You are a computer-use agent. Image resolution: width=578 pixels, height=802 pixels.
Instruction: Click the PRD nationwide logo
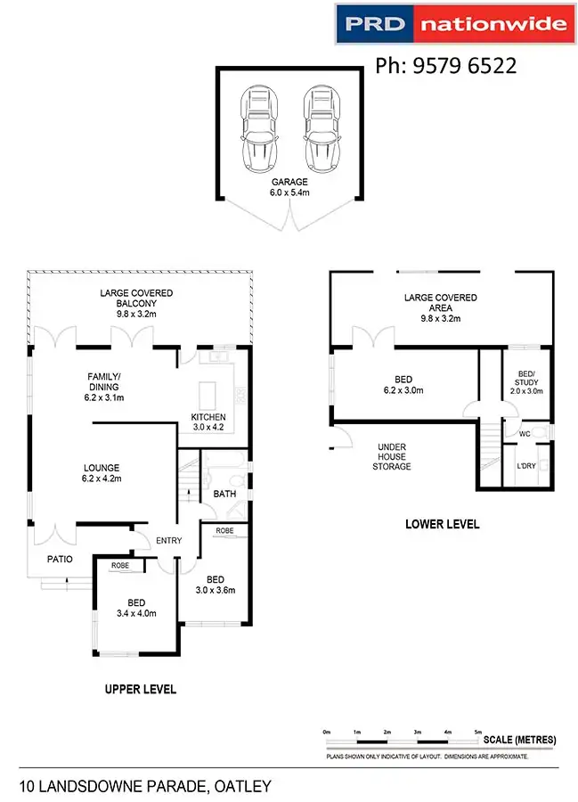tap(452, 25)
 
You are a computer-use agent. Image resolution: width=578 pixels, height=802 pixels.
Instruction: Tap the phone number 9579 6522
tap(446, 66)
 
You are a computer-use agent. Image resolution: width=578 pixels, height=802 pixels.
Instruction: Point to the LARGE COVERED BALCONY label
tap(136, 303)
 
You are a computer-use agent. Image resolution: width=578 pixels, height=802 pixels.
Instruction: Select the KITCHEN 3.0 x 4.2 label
tap(208, 421)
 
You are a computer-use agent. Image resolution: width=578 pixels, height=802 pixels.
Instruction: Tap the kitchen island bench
tap(209, 393)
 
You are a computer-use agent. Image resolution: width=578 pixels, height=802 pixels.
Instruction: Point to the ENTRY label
tap(168, 541)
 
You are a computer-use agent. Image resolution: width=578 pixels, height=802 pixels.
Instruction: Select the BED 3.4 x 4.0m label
tap(136, 608)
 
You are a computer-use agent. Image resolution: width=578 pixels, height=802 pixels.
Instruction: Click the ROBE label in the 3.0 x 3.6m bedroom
tap(224, 530)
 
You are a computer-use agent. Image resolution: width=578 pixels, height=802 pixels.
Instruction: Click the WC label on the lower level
tap(524, 434)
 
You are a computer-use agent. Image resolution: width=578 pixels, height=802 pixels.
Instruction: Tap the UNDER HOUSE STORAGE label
tap(394, 456)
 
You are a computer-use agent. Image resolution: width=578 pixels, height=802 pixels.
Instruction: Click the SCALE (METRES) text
tap(519, 740)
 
